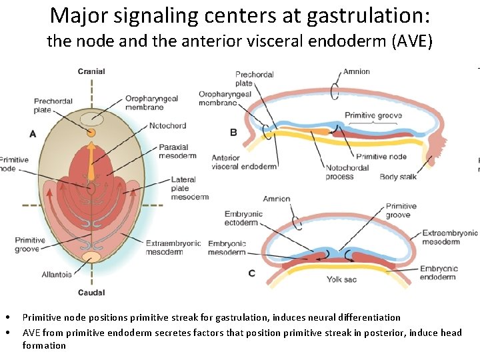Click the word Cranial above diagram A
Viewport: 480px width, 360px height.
click(x=91, y=71)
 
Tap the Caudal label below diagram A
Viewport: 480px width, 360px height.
click(x=91, y=293)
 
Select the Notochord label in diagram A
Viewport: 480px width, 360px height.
click(x=168, y=125)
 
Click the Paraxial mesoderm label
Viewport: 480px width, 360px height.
click(x=173, y=151)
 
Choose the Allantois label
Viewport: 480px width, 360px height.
click(x=56, y=274)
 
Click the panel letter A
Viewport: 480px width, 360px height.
click(x=33, y=134)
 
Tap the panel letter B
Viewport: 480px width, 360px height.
click(x=233, y=132)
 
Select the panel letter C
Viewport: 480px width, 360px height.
click(x=251, y=273)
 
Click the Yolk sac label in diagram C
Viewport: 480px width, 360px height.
click(x=341, y=279)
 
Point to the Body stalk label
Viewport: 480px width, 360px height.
click(x=398, y=177)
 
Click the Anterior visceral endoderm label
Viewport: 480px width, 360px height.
click(x=243, y=162)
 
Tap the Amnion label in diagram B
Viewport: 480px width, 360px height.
click(x=356, y=71)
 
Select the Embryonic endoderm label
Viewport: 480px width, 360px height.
click(x=439, y=273)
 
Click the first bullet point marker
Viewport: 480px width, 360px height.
click(x=5, y=317)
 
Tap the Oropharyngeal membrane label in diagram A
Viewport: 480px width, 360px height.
click(x=151, y=103)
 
